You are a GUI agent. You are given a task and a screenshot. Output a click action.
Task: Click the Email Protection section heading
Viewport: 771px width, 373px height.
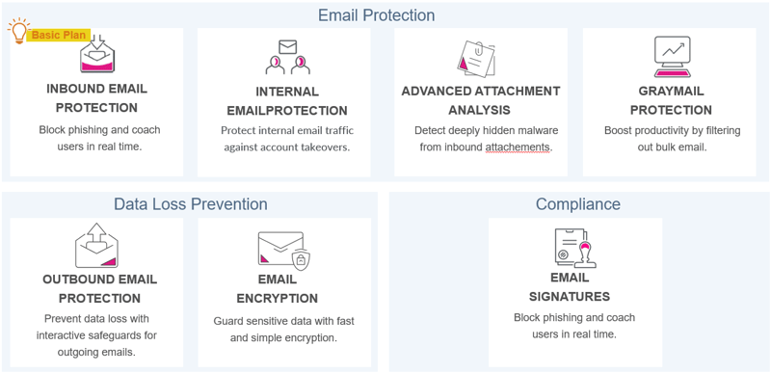coord(376,15)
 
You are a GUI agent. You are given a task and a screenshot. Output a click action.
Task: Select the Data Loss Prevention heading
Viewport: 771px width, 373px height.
coord(190,204)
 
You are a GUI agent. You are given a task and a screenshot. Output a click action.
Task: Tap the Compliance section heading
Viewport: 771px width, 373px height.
coord(578,204)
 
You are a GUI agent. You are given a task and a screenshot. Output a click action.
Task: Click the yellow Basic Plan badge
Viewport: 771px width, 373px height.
coord(60,36)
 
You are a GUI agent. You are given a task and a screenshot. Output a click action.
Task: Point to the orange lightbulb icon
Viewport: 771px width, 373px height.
coord(17,32)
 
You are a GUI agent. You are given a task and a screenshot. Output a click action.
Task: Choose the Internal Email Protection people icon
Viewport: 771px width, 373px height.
coord(287,58)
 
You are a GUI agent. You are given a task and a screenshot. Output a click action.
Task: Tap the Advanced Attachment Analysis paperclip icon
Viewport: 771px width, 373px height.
coord(477,58)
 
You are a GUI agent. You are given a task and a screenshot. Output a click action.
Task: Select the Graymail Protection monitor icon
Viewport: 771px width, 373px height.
coord(672,57)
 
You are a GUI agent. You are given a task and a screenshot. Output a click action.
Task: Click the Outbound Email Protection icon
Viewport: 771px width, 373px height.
coord(96,246)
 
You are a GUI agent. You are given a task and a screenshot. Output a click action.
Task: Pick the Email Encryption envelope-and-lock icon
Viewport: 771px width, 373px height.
coord(283,251)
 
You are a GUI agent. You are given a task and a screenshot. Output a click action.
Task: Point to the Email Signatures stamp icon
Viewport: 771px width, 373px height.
coord(575,248)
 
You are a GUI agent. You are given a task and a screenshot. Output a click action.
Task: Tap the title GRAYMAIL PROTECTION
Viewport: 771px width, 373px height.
coord(672,100)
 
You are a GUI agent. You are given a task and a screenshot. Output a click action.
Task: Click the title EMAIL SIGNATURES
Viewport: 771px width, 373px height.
coord(575,287)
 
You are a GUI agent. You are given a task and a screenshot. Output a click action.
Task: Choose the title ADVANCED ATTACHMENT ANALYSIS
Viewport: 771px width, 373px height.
coord(480,100)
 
